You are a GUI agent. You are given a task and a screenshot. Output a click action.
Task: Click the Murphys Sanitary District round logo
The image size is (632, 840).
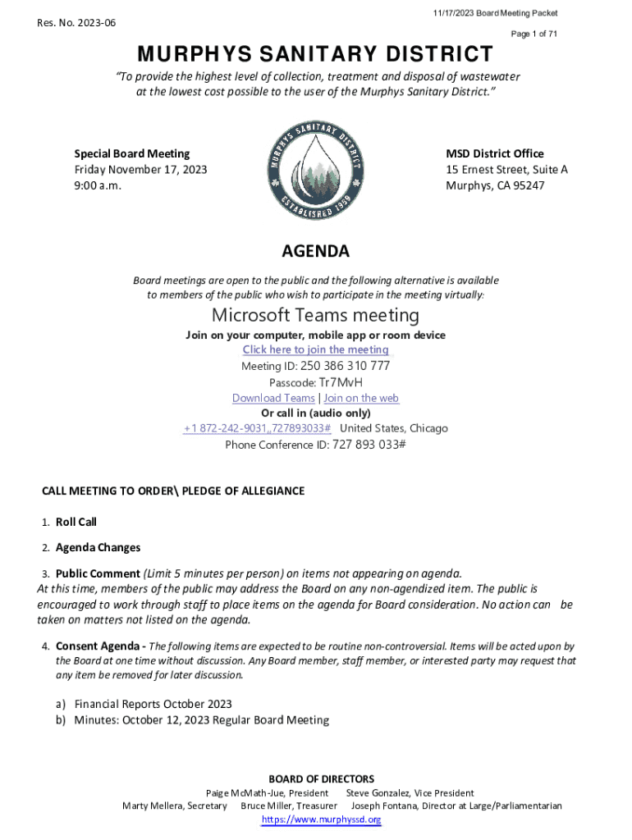pyautogui.click(x=316, y=170)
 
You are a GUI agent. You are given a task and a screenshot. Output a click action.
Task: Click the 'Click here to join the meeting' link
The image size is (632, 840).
pyautogui.click(x=316, y=350)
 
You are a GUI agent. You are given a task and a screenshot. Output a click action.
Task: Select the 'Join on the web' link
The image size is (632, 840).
pyautogui.click(x=361, y=399)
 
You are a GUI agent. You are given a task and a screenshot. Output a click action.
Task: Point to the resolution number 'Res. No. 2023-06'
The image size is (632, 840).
pyautogui.click(x=76, y=23)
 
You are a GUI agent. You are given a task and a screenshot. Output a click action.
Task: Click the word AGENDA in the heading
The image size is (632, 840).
pyautogui.click(x=316, y=251)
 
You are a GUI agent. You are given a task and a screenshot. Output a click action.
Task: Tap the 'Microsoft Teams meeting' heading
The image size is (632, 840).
pyautogui.click(x=316, y=315)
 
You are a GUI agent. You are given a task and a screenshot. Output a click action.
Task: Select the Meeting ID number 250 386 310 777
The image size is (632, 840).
pyautogui.click(x=345, y=367)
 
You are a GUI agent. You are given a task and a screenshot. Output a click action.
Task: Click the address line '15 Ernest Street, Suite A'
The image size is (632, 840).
pyautogui.click(x=506, y=170)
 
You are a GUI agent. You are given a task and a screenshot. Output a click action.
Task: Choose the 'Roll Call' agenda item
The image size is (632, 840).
pyautogui.click(x=76, y=522)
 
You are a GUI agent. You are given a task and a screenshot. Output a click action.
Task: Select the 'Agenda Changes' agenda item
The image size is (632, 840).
pyautogui.click(x=98, y=548)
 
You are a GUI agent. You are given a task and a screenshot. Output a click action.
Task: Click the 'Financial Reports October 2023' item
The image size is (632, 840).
pyautogui.click(x=153, y=704)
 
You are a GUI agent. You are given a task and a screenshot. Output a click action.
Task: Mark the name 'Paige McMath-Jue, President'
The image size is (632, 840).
pyautogui.click(x=267, y=793)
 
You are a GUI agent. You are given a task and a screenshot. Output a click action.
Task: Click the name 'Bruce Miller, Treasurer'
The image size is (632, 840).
pyautogui.click(x=289, y=806)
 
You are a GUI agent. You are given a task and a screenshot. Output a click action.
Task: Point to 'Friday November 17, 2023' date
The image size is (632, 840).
pyautogui.click(x=140, y=170)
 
